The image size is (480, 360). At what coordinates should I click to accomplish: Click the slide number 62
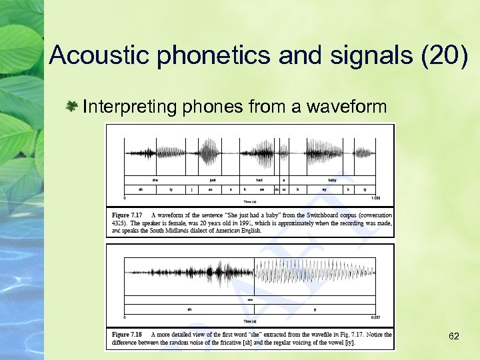click(x=454, y=336)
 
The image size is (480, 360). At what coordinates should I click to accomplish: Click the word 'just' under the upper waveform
click(x=212, y=179)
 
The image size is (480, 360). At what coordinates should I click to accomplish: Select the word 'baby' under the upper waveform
click(x=331, y=179)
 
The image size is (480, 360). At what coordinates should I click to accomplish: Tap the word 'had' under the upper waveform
click(x=259, y=179)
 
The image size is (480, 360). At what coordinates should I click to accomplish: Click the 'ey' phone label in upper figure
click(x=323, y=189)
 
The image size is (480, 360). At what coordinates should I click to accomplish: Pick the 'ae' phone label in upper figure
click(x=262, y=189)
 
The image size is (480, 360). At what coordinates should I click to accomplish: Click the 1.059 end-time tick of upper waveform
click(x=375, y=198)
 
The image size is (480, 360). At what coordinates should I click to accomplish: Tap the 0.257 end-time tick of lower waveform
click(x=375, y=317)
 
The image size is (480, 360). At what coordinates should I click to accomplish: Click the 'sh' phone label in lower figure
click(x=189, y=309)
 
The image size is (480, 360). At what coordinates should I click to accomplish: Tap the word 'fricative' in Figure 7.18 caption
click(x=249, y=342)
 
